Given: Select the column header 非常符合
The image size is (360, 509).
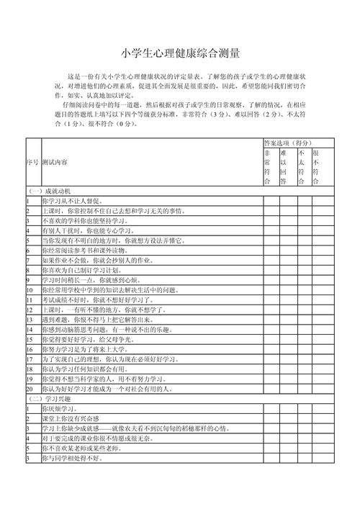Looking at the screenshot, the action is pyautogui.click(x=268, y=168).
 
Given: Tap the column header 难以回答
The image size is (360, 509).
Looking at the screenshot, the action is pyautogui.click(x=284, y=168).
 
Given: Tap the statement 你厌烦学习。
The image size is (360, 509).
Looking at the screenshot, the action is pyautogui.click(x=57, y=408).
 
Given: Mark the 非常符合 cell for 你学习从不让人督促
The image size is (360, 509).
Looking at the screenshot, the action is pyautogui.click(x=269, y=201).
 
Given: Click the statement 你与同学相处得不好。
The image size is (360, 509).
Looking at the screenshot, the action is pyautogui.click(x=73, y=457).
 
